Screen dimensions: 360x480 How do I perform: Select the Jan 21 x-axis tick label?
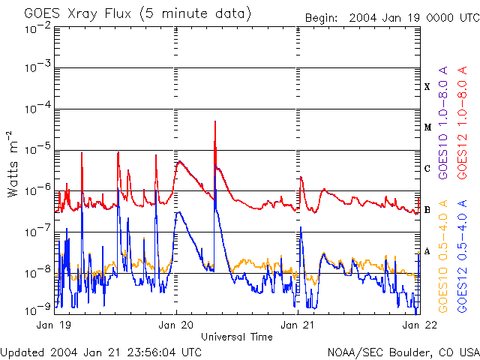297,325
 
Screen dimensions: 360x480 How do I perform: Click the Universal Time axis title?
236,337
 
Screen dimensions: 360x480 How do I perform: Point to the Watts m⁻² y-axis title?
13,163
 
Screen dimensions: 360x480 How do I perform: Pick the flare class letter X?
427,87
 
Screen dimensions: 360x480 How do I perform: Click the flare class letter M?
427,127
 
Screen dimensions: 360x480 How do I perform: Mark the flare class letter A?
427,251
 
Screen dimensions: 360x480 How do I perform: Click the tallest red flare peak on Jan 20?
215,121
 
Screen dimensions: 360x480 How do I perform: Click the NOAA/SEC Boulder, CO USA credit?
403,351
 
